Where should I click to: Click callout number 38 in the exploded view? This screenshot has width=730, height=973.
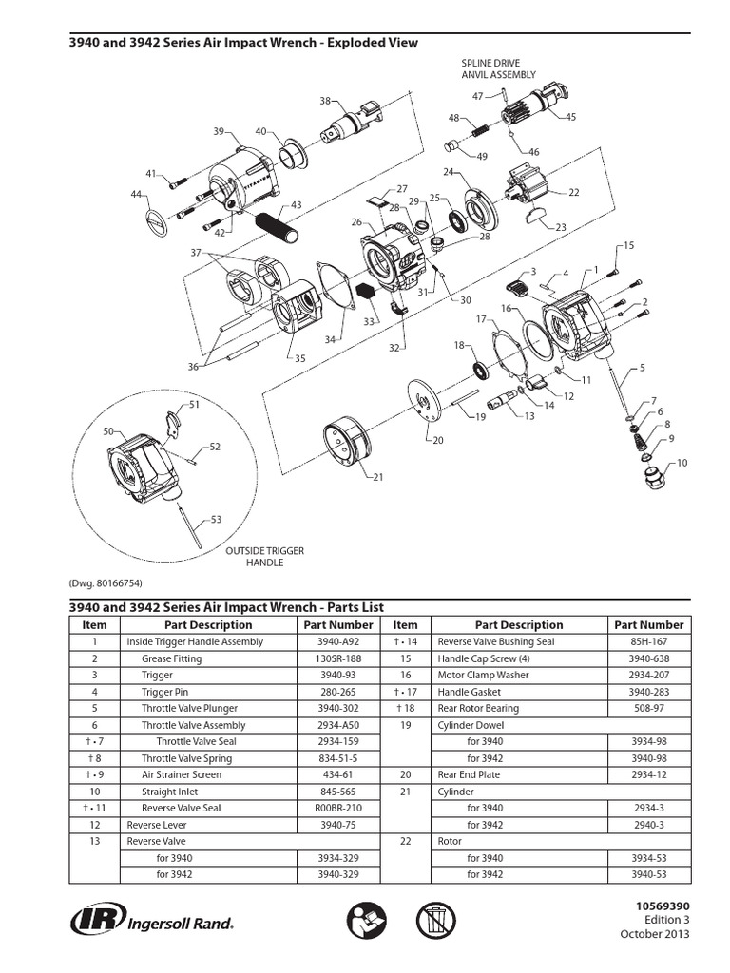point(325,102)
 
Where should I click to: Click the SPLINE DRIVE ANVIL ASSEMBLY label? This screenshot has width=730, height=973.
point(498,68)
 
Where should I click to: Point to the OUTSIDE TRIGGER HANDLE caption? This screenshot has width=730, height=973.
point(254,556)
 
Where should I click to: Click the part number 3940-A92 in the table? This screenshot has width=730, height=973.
point(337,641)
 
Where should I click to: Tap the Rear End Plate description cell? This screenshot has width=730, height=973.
point(469,774)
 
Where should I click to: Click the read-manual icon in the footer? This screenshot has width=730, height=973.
point(364,921)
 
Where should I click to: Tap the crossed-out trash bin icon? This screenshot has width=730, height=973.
point(435,921)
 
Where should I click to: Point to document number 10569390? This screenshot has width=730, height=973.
point(662,906)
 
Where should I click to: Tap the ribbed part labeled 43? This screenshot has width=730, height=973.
point(278,225)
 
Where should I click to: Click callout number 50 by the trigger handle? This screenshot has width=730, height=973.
point(108,432)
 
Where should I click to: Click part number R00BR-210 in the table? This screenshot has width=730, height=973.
point(337,808)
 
